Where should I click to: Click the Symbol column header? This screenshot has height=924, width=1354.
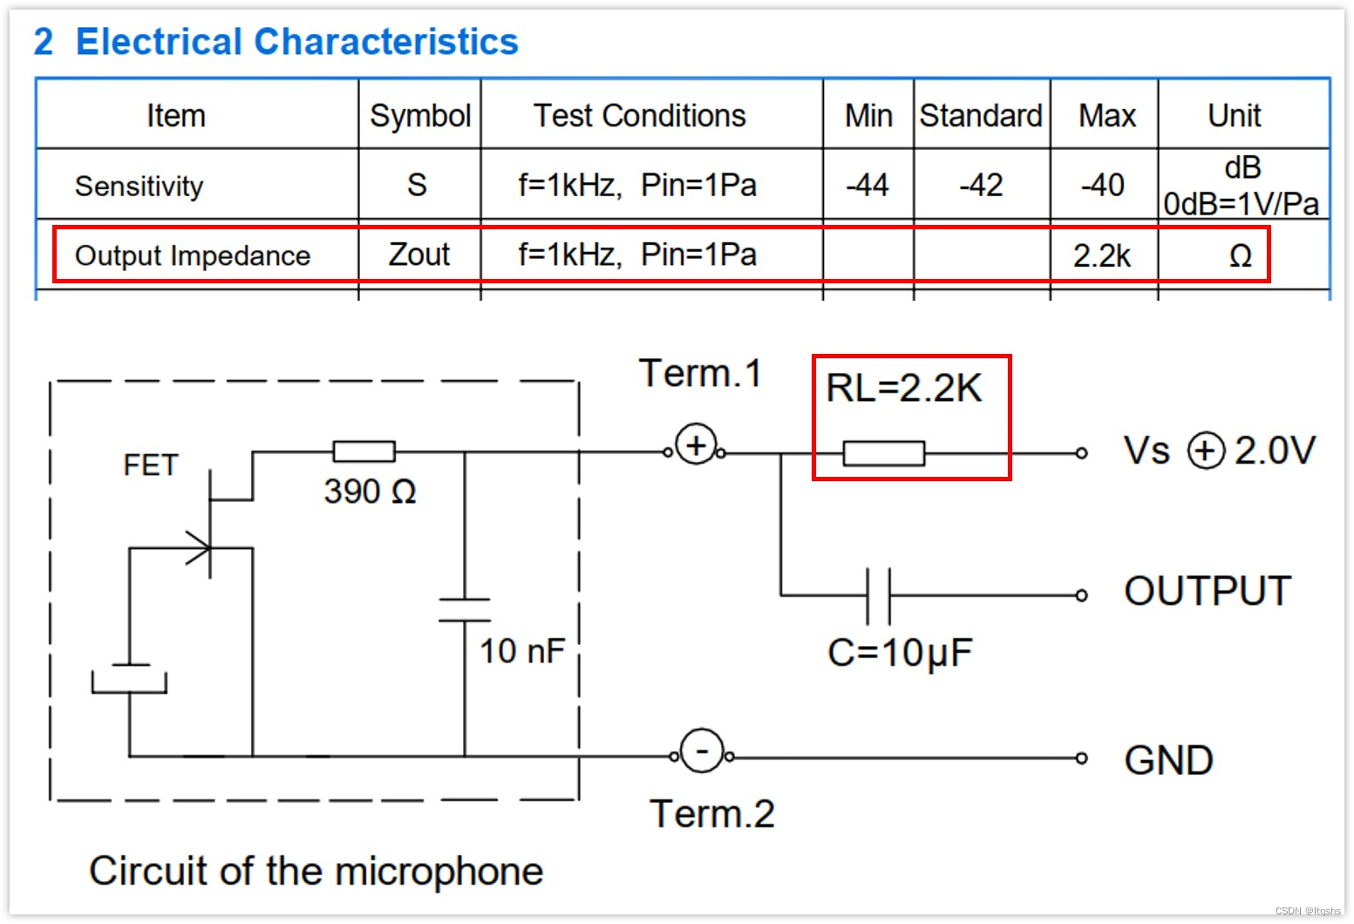pyautogui.click(x=420, y=116)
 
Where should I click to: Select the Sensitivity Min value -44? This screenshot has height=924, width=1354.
pyautogui.click(x=868, y=185)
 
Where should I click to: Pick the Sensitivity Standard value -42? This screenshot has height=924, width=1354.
pyautogui.click(x=981, y=185)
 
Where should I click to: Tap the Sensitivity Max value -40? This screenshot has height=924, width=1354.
pyautogui.click(x=1103, y=185)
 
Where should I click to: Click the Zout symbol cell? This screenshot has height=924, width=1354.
pyautogui.click(x=419, y=255)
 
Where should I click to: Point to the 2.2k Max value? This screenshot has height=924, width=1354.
pyautogui.click(x=1102, y=255)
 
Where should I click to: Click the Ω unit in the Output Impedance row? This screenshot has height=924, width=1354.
pyautogui.click(x=1240, y=255)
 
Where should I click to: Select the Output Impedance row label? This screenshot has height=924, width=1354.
pyautogui.click(x=193, y=255)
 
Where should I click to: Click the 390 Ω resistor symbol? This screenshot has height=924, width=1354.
pyautogui.click(x=364, y=452)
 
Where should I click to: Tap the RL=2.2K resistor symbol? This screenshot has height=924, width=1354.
pyautogui.click(x=883, y=453)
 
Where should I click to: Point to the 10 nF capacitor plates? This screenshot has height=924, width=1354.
pyautogui.click(x=465, y=610)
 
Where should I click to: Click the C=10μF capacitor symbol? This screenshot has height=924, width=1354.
pyautogui.click(x=879, y=595)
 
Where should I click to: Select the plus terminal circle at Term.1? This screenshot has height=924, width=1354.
pyautogui.click(x=696, y=445)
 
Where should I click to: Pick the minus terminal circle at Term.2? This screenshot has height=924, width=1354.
pyautogui.click(x=702, y=751)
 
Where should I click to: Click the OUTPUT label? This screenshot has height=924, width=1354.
pyautogui.click(x=1208, y=591)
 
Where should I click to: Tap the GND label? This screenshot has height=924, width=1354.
pyautogui.click(x=1168, y=760)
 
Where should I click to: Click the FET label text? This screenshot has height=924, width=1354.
pyautogui.click(x=151, y=465)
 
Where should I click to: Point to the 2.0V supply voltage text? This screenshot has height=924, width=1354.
pyautogui.click(x=1275, y=451)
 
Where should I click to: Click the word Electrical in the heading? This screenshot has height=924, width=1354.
pyautogui.click(x=160, y=42)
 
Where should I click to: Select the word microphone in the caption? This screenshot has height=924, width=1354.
pyautogui.click(x=439, y=871)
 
